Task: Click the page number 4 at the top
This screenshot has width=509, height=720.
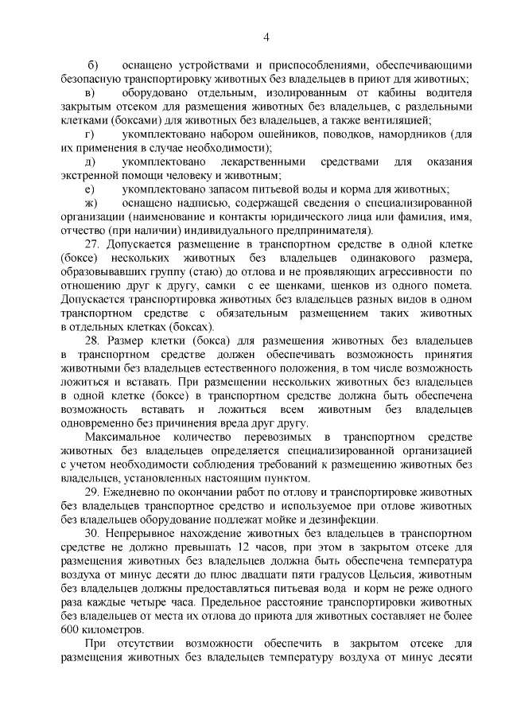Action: (x=267, y=37)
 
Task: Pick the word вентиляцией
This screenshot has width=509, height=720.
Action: (x=398, y=121)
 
